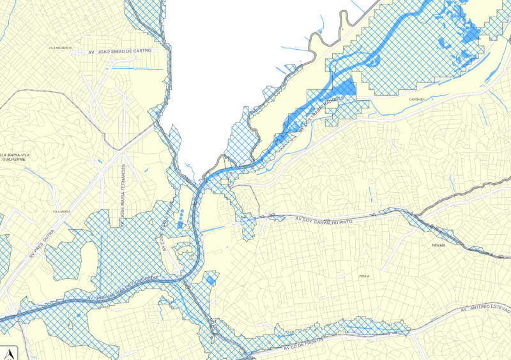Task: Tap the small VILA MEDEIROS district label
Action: tap(59, 48)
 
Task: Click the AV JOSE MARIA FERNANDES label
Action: tap(124, 191)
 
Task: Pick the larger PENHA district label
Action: tap(438, 245)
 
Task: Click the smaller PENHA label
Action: tap(364, 276)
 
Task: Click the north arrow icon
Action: tap(10, 352)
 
